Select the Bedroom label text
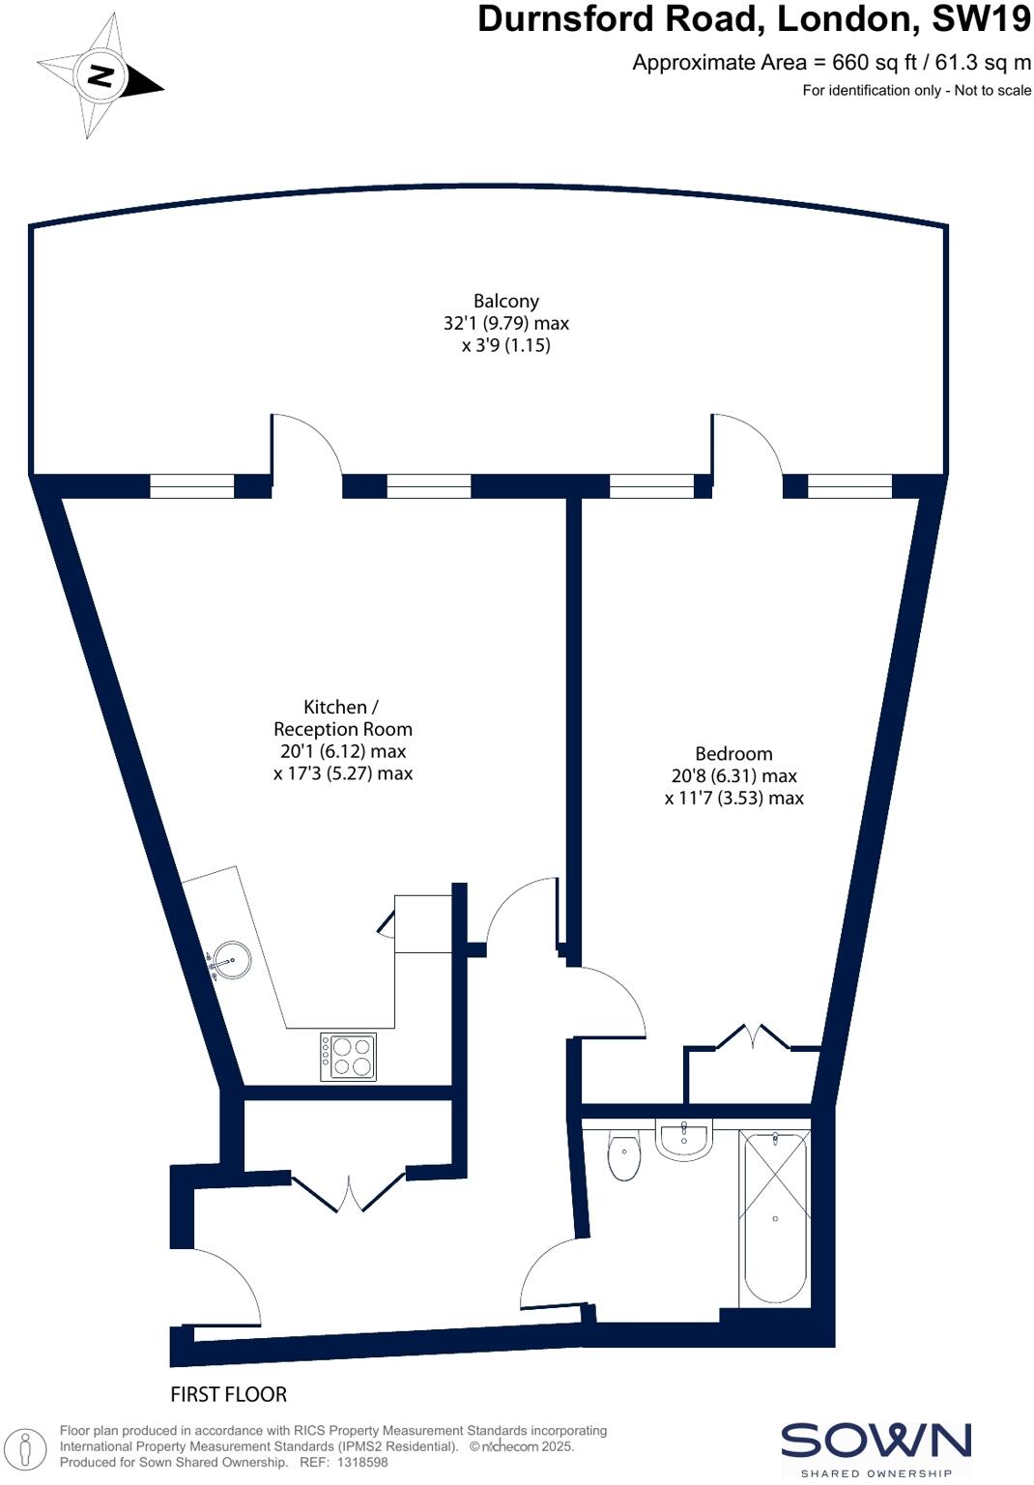(x=733, y=754)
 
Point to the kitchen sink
(x=232, y=960)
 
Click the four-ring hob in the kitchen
(x=349, y=1056)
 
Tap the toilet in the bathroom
(x=624, y=1156)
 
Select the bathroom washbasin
(x=684, y=1139)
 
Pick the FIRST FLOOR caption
(x=229, y=1394)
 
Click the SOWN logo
(x=876, y=1441)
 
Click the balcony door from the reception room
(x=305, y=445)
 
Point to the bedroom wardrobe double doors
(x=754, y=1037)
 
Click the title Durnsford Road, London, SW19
(x=754, y=19)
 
